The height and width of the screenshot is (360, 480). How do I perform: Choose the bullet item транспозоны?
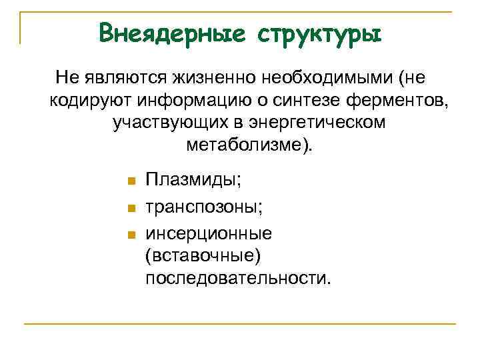tap(204, 207)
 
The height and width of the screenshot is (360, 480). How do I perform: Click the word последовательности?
tap(237, 279)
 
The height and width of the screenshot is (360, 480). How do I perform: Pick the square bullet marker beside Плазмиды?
tap(131, 181)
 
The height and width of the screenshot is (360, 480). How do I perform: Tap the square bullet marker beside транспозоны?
tap(131, 208)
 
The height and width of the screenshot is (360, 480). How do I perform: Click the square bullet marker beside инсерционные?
tap(131, 234)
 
